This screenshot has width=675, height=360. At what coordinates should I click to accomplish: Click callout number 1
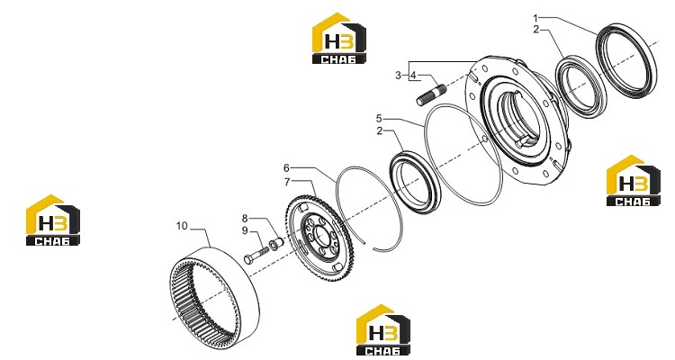pyautogui.click(x=535, y=18)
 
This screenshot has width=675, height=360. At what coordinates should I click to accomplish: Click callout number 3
pyautogui.click(x=398, y=76)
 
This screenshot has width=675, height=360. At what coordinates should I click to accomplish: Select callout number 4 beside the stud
pyautogui.click(x=413, y=76)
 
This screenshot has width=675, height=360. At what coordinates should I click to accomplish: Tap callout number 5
pyautogui.click(x=379, y=118)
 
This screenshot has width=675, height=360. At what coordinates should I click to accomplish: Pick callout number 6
pyautogui.click(x=287, y=167)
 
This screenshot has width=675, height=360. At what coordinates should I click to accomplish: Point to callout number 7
pyautogui.click(x=287, y=182)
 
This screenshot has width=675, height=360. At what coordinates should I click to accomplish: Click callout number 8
pyautogui.click(x=245, y=218)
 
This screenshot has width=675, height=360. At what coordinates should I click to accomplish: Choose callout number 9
pyautogui.click(x=245, y=230)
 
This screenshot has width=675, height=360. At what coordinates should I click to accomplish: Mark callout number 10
pyautogui.click(x=182, y=226)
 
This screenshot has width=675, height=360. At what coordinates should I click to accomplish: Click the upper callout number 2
pyautogui.click(x=535, y=30)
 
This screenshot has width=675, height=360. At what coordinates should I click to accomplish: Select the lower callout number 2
pyautogui.click(x=379, y=130)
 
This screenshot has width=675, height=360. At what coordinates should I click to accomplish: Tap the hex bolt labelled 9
pyautogui.click(x=256, y=254)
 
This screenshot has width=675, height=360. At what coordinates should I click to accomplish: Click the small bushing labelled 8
pyautogui.click(x=275, y=244)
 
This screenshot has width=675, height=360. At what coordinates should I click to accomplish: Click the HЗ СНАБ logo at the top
pyautogui.click(x=339, y=39)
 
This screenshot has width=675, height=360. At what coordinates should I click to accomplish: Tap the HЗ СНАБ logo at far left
pyautogui.click(x=53, y=220)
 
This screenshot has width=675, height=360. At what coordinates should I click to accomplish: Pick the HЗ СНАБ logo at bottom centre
pyautogui.click(x=383, y=330)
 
